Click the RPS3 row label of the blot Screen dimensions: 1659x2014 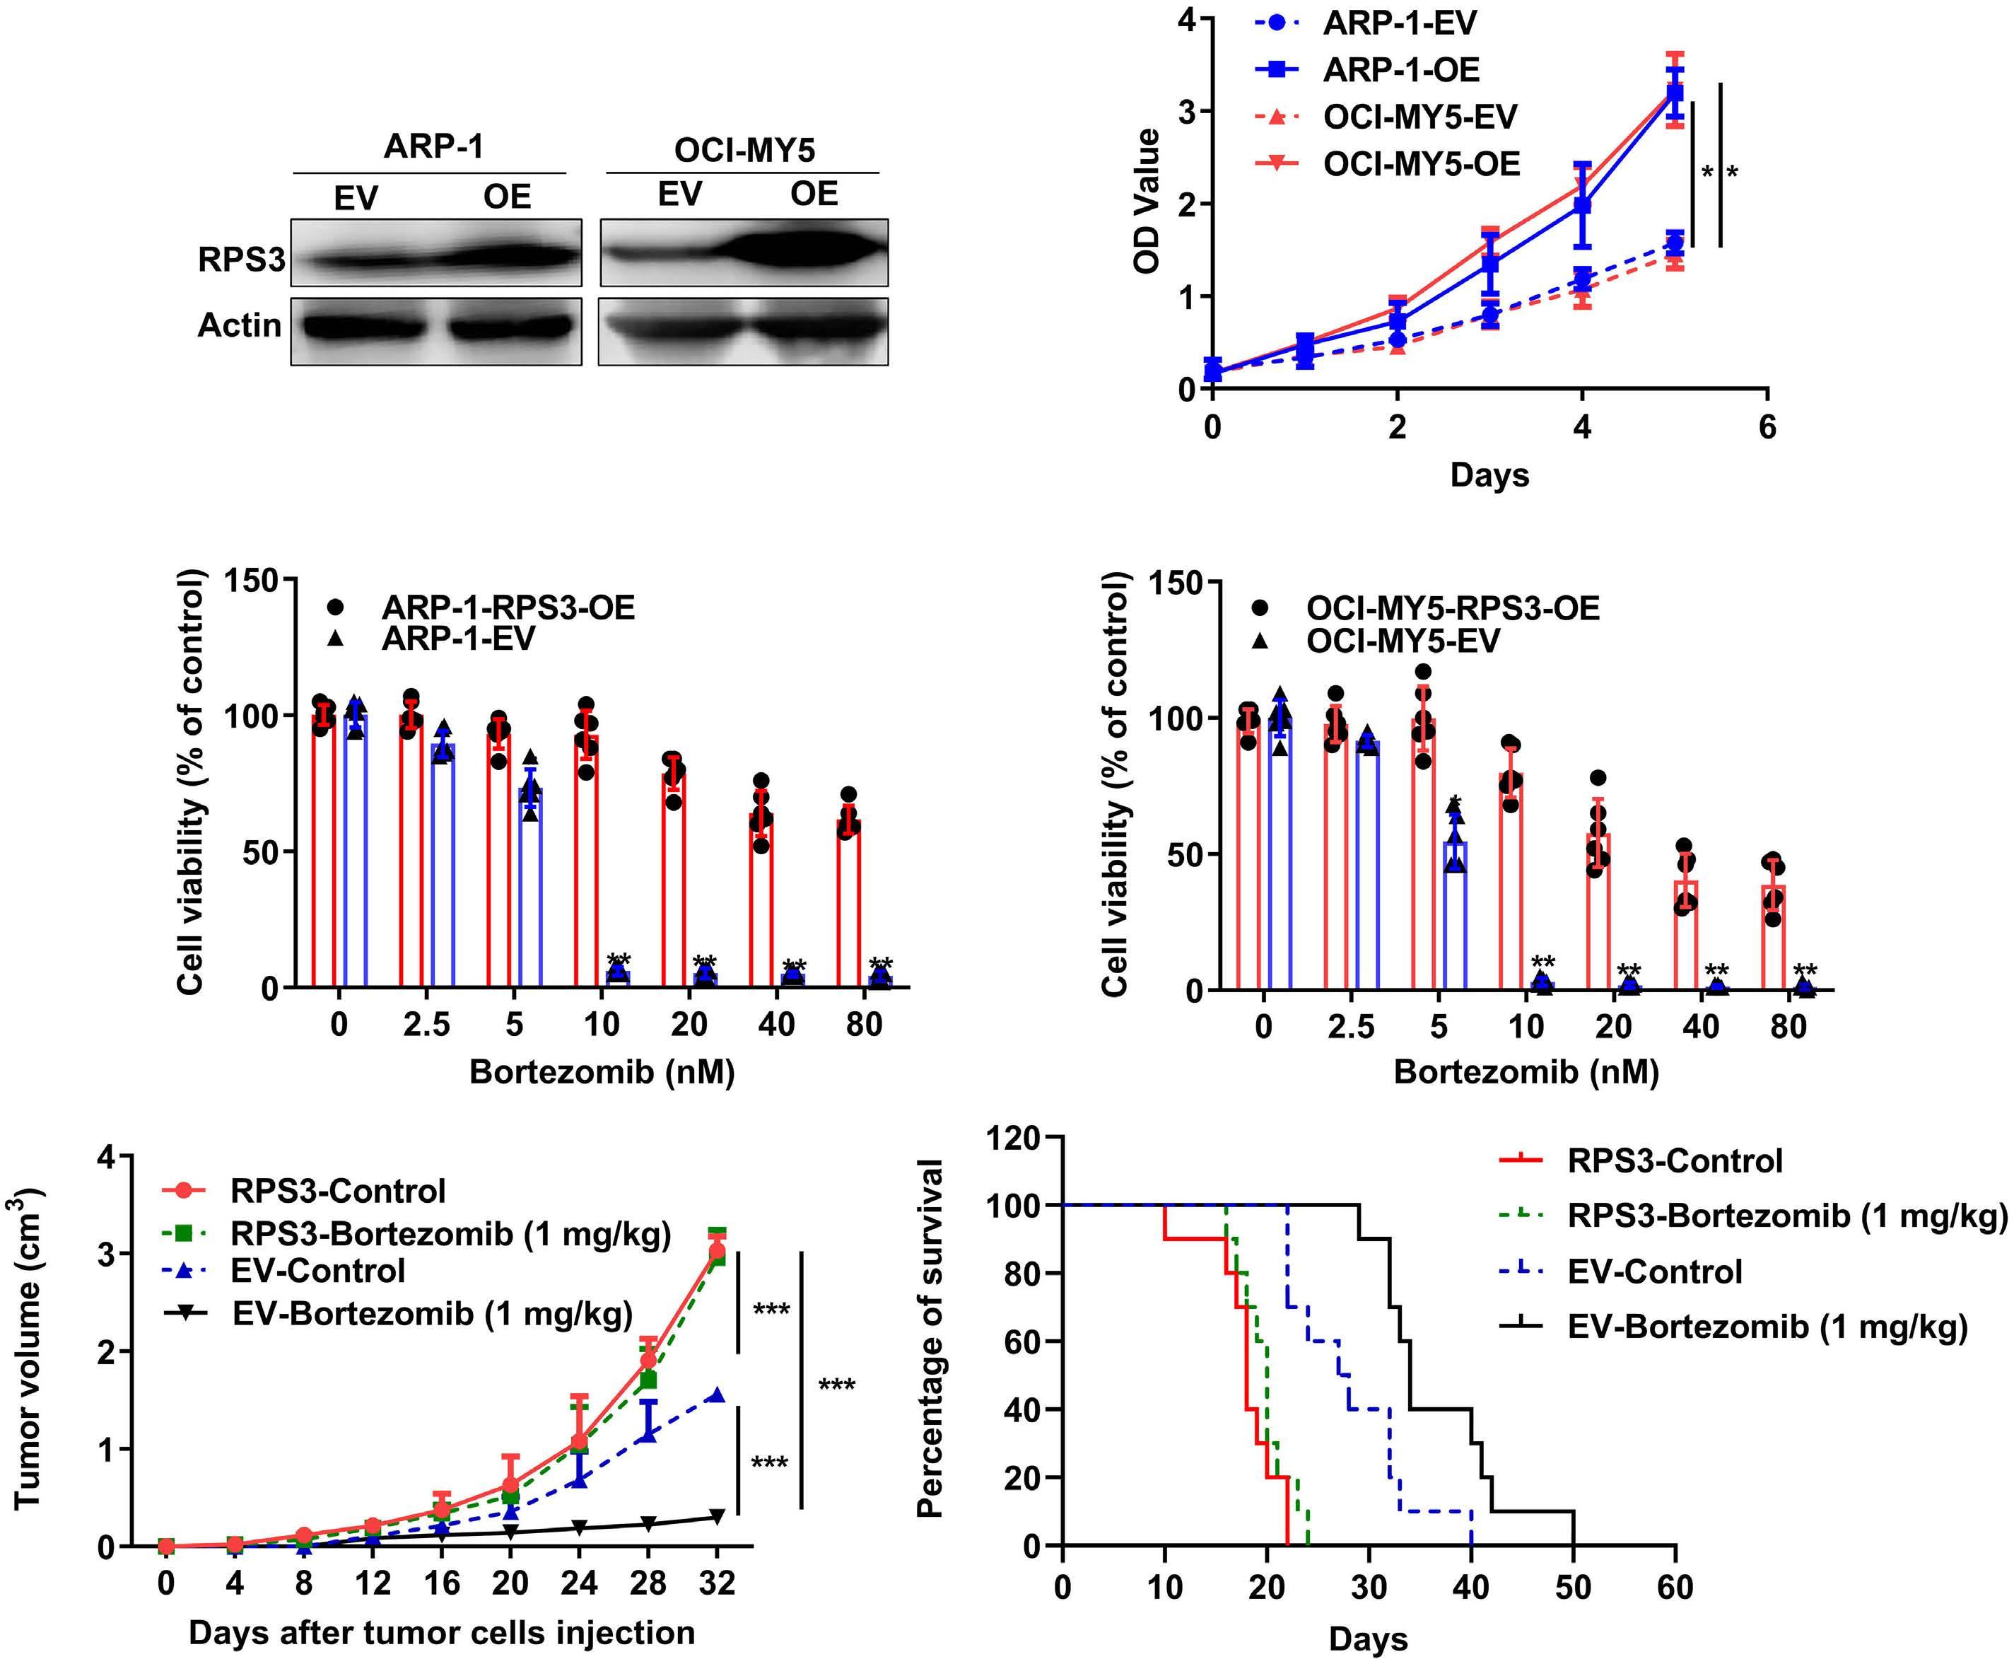coord(241,258)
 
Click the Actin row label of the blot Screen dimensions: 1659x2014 coord(239,326)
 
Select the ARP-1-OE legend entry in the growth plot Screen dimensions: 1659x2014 coord(1400,70)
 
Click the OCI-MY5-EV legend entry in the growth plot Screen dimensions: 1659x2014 coord(1419,117)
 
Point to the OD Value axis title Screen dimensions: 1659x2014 coord(1147,201)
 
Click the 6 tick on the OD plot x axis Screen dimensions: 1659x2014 coord(1767,426)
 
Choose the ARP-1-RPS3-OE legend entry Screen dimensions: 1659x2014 coord(508,607)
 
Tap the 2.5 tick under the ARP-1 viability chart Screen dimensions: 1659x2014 coord(426,1025)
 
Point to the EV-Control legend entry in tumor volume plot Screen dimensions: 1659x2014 coord(317,1271)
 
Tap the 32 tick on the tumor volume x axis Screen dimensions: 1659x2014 coord(717,1583)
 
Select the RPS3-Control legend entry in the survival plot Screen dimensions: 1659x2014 coord(1675,1161)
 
